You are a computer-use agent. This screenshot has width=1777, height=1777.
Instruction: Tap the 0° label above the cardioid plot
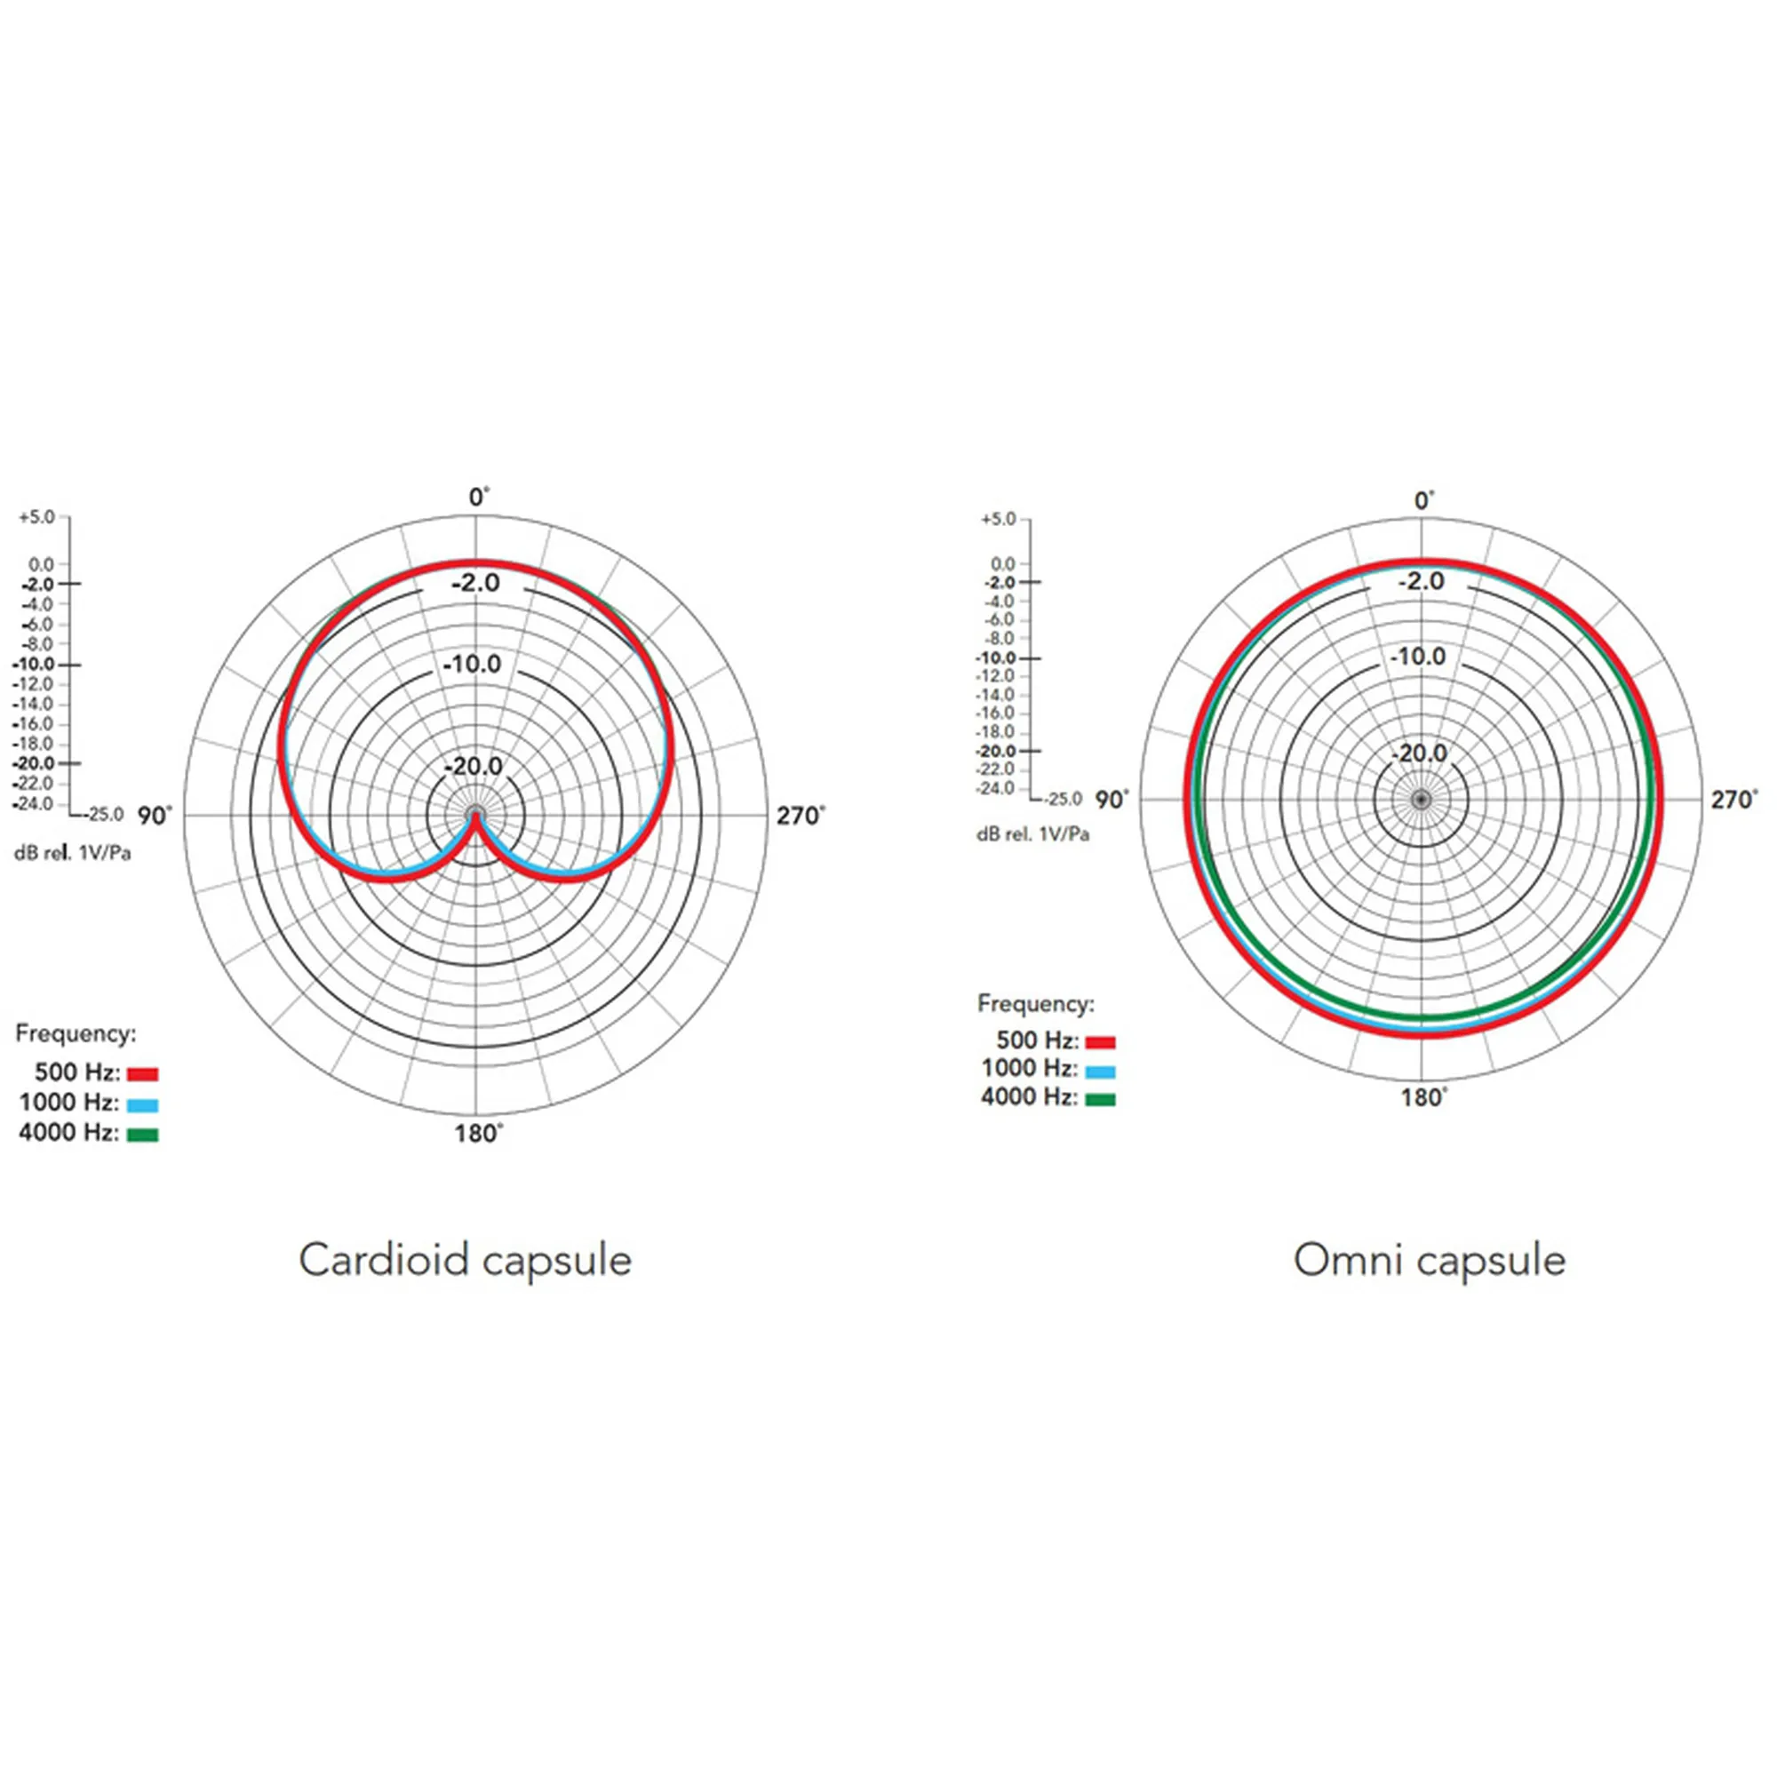click(x=479, y=498)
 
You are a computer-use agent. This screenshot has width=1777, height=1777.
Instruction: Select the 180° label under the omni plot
click(x=1423, y=1097)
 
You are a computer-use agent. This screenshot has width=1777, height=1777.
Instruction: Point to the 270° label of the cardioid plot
click(x=801, y=816)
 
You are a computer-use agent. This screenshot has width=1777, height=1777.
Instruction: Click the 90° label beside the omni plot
click(x=1112, y=801)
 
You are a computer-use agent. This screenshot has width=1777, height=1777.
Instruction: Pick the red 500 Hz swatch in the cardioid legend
click(x=142, y=1074)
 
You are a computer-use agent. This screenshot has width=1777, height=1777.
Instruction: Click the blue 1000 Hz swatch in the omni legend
click(x=1100, y=1072)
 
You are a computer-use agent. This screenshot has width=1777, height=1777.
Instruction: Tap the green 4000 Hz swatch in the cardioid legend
click(x=142, y=1135)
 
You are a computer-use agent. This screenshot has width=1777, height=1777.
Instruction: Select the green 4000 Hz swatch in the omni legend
click(x=1100, y=1099)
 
